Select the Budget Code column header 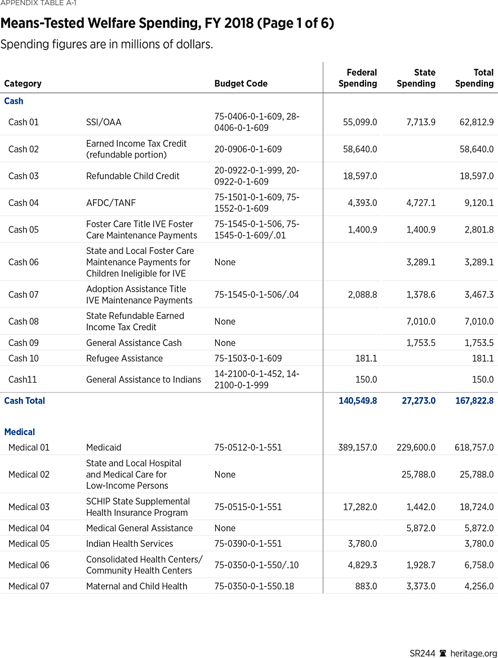click(x=241, y=84)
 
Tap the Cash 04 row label click(x=24, y=203)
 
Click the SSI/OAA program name click(x=104, y=122)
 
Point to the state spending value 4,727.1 click(x=417, y=203)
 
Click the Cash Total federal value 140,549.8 click(x=357, y=401)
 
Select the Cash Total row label click(x=24, y=401)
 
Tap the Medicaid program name click(x=104, y=448)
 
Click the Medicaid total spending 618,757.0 click(x=474, y=448)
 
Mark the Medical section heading click(x=19, y=432)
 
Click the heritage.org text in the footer click(x=473, y=653)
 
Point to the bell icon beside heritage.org click(x=443, y=653)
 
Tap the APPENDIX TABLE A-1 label click(x=38, y=3)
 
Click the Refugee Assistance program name click(x=124, y=358)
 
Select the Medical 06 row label click(x=29, y=565)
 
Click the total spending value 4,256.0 click(x=477, y=586)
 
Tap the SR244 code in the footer click(x=422, y=653)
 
